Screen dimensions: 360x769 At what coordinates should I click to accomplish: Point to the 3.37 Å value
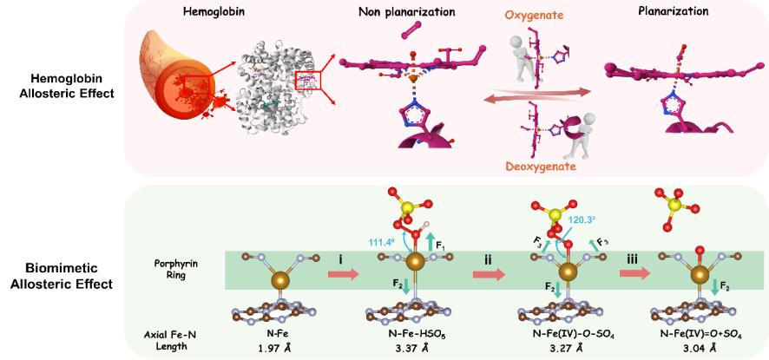(x=405, y=349)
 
